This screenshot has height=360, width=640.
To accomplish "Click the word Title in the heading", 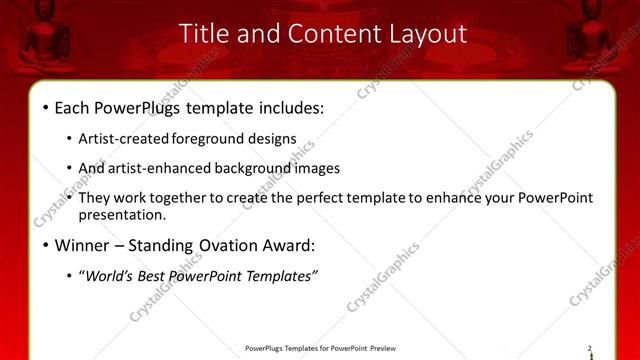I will coord(204,33).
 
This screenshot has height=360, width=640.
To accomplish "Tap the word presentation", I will coord(122,214).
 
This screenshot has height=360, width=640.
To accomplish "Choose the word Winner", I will coord(82,245).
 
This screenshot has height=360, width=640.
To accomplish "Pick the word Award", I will coord(286,245).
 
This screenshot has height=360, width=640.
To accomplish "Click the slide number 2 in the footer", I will coord(589,348).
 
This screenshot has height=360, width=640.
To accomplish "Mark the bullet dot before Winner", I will coord(46,245).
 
